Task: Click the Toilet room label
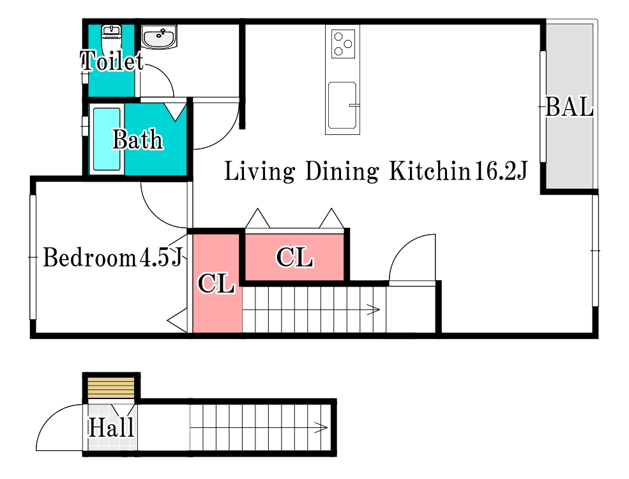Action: pyautogui.click(x=112, y=61)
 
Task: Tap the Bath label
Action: pyautogui.click(x=137, y=139)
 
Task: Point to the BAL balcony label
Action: pyautogui.click(x=569, y=107)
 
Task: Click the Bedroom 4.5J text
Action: pyautogui.click(x=113, y=257)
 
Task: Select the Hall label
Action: pyautogui.click(x=111, y=427)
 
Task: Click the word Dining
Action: pyautogui.click(x=342, y=171)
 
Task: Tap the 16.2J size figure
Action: pyautogui.click(x=501, y=171)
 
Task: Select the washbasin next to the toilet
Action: pyautogui.click(x=159, y=36)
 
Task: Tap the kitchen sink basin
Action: pyautogui.click(x=342, y=106)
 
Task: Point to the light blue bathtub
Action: pyautogui.click(x=107, y=139)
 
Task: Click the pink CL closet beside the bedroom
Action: pyautogui.click(x=217, y=284)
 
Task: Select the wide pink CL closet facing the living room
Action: pyautogui.click(x=294, y=257)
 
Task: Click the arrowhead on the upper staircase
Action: pyautogui.click(x=374, y=310)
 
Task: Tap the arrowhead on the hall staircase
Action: pyautogui.click(x=321, y=428)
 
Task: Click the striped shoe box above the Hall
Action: pyautogui.click(x=111, y=388)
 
